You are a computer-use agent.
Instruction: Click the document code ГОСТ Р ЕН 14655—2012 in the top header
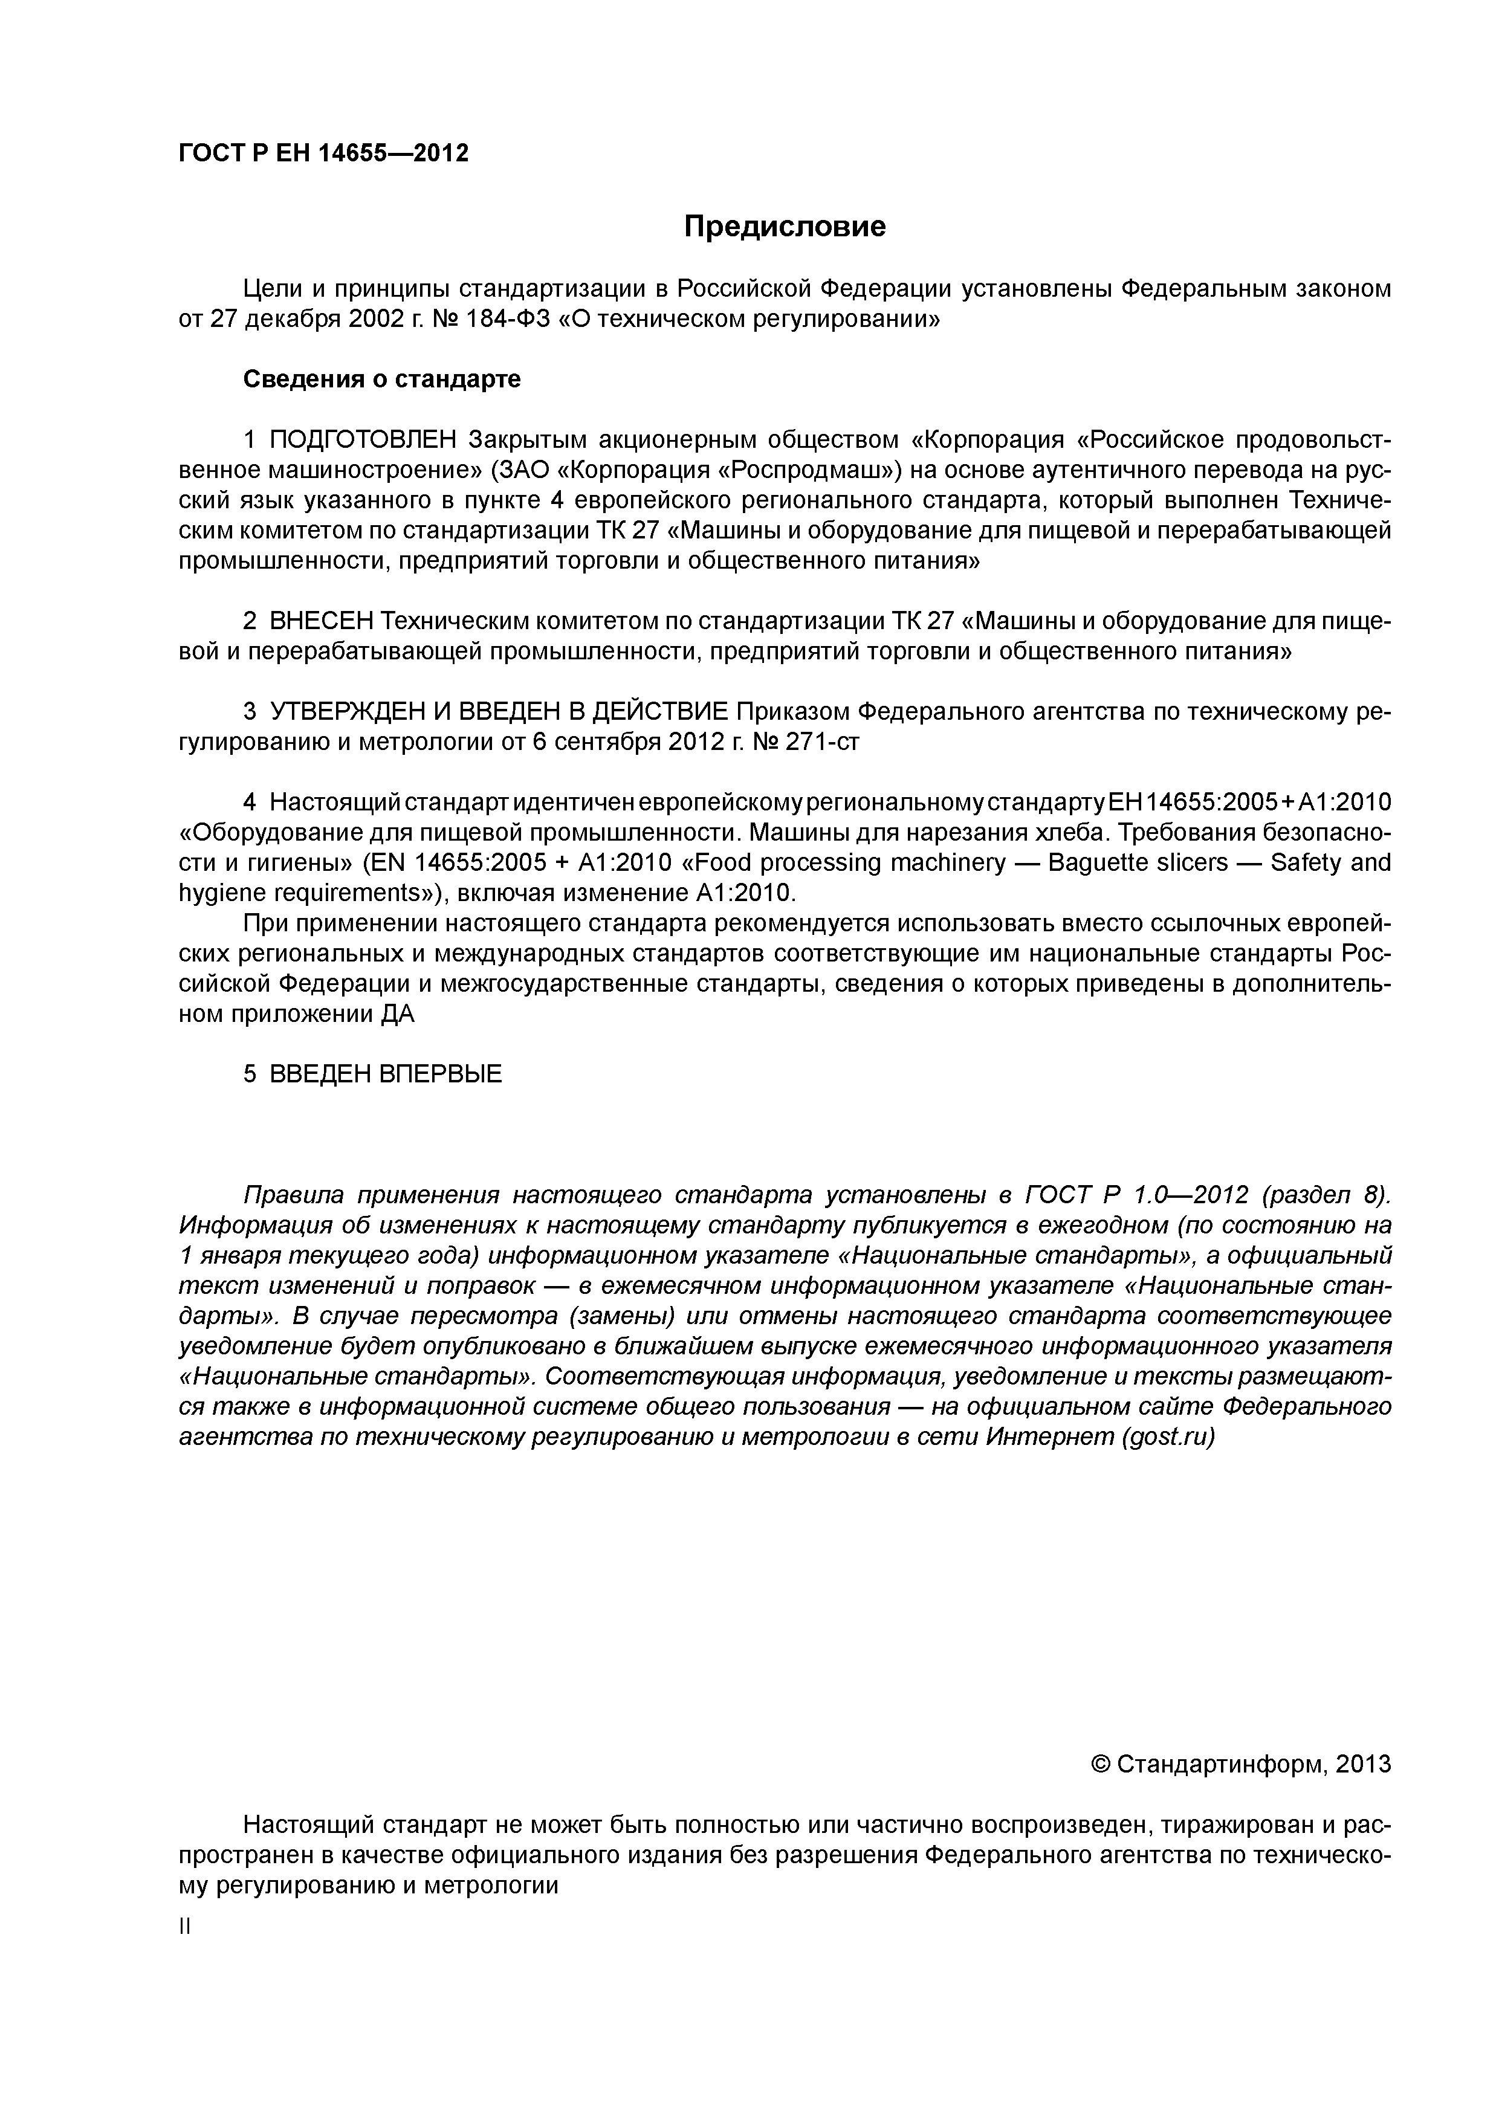tap(323, 154)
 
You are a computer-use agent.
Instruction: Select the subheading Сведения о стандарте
tap(381, 380)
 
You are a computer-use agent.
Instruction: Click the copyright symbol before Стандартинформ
tap(1100, 1765)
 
